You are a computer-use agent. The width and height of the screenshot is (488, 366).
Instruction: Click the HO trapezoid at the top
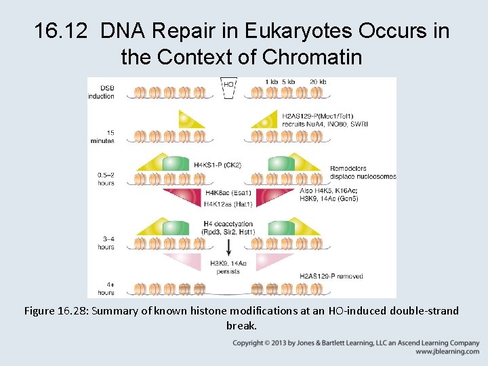(228, 87)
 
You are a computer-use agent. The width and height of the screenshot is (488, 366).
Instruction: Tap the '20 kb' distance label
(317, 81)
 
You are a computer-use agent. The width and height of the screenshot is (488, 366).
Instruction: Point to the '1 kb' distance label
(270, 81)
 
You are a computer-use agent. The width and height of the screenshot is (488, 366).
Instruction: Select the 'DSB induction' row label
(102, 91)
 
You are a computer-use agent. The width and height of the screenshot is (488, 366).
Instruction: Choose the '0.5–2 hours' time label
(105, 178)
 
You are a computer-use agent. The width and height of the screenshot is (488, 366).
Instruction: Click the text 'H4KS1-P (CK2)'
(217, 165)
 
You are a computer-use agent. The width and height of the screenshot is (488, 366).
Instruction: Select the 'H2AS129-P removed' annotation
(331, 276)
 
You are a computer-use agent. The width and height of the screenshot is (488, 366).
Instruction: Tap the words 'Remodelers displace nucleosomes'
(363, 172)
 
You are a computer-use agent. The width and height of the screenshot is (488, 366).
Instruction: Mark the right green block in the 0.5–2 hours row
(281, 163)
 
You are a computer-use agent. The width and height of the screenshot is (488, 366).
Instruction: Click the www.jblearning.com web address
(447, 352)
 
